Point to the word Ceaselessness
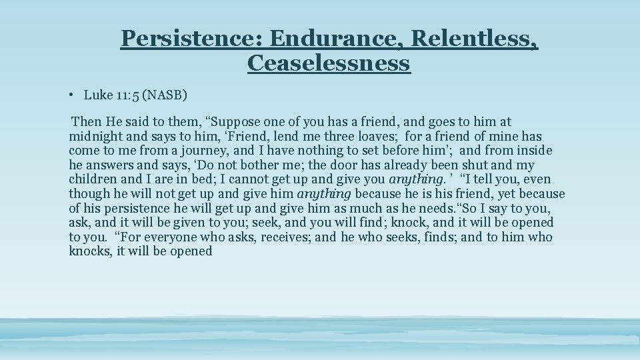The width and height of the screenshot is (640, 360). [328, 63]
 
